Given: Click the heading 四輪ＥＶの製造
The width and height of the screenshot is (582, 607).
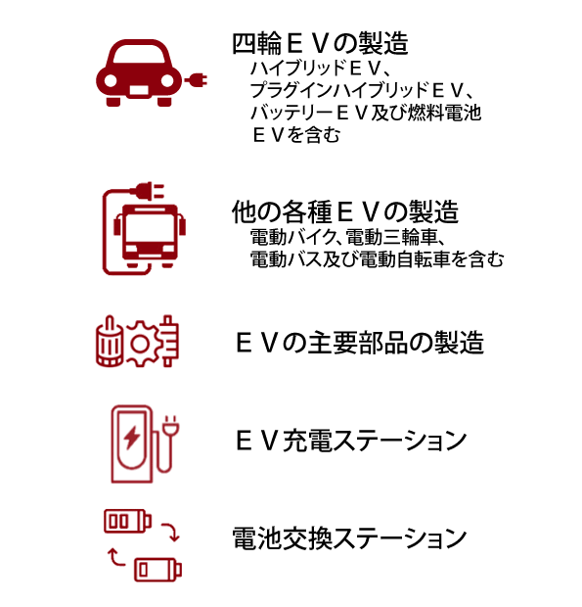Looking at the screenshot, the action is pos(320,43).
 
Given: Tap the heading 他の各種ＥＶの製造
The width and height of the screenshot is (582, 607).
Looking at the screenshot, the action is pos(345,211).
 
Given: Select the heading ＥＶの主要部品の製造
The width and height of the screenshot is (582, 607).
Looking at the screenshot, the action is pos(360,343).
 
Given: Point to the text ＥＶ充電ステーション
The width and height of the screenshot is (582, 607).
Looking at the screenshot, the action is pos(351,441).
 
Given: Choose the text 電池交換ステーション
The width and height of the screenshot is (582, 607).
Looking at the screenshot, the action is pos(349,538).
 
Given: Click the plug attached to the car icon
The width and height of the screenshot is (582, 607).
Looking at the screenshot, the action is pos(196,80).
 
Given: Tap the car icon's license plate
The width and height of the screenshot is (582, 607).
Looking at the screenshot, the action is pos(139,90).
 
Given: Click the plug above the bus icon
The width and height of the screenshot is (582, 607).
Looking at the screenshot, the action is pos(148,191).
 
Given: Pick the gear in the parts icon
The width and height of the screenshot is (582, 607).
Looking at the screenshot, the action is pos(141,343).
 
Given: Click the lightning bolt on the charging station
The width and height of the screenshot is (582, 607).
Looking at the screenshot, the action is pos(132,438).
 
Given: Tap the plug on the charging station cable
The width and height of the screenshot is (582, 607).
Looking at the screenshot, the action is pos(170,425).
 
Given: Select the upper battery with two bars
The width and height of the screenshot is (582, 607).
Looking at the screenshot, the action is pos(127,521).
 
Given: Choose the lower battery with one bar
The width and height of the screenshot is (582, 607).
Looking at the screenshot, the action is pos(157,570).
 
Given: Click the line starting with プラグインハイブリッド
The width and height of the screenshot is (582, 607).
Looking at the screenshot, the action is pos(362,90).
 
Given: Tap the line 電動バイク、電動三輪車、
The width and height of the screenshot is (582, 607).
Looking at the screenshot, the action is pos(347,237).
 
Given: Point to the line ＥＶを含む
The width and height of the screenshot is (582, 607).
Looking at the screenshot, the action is pos(296,135).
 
